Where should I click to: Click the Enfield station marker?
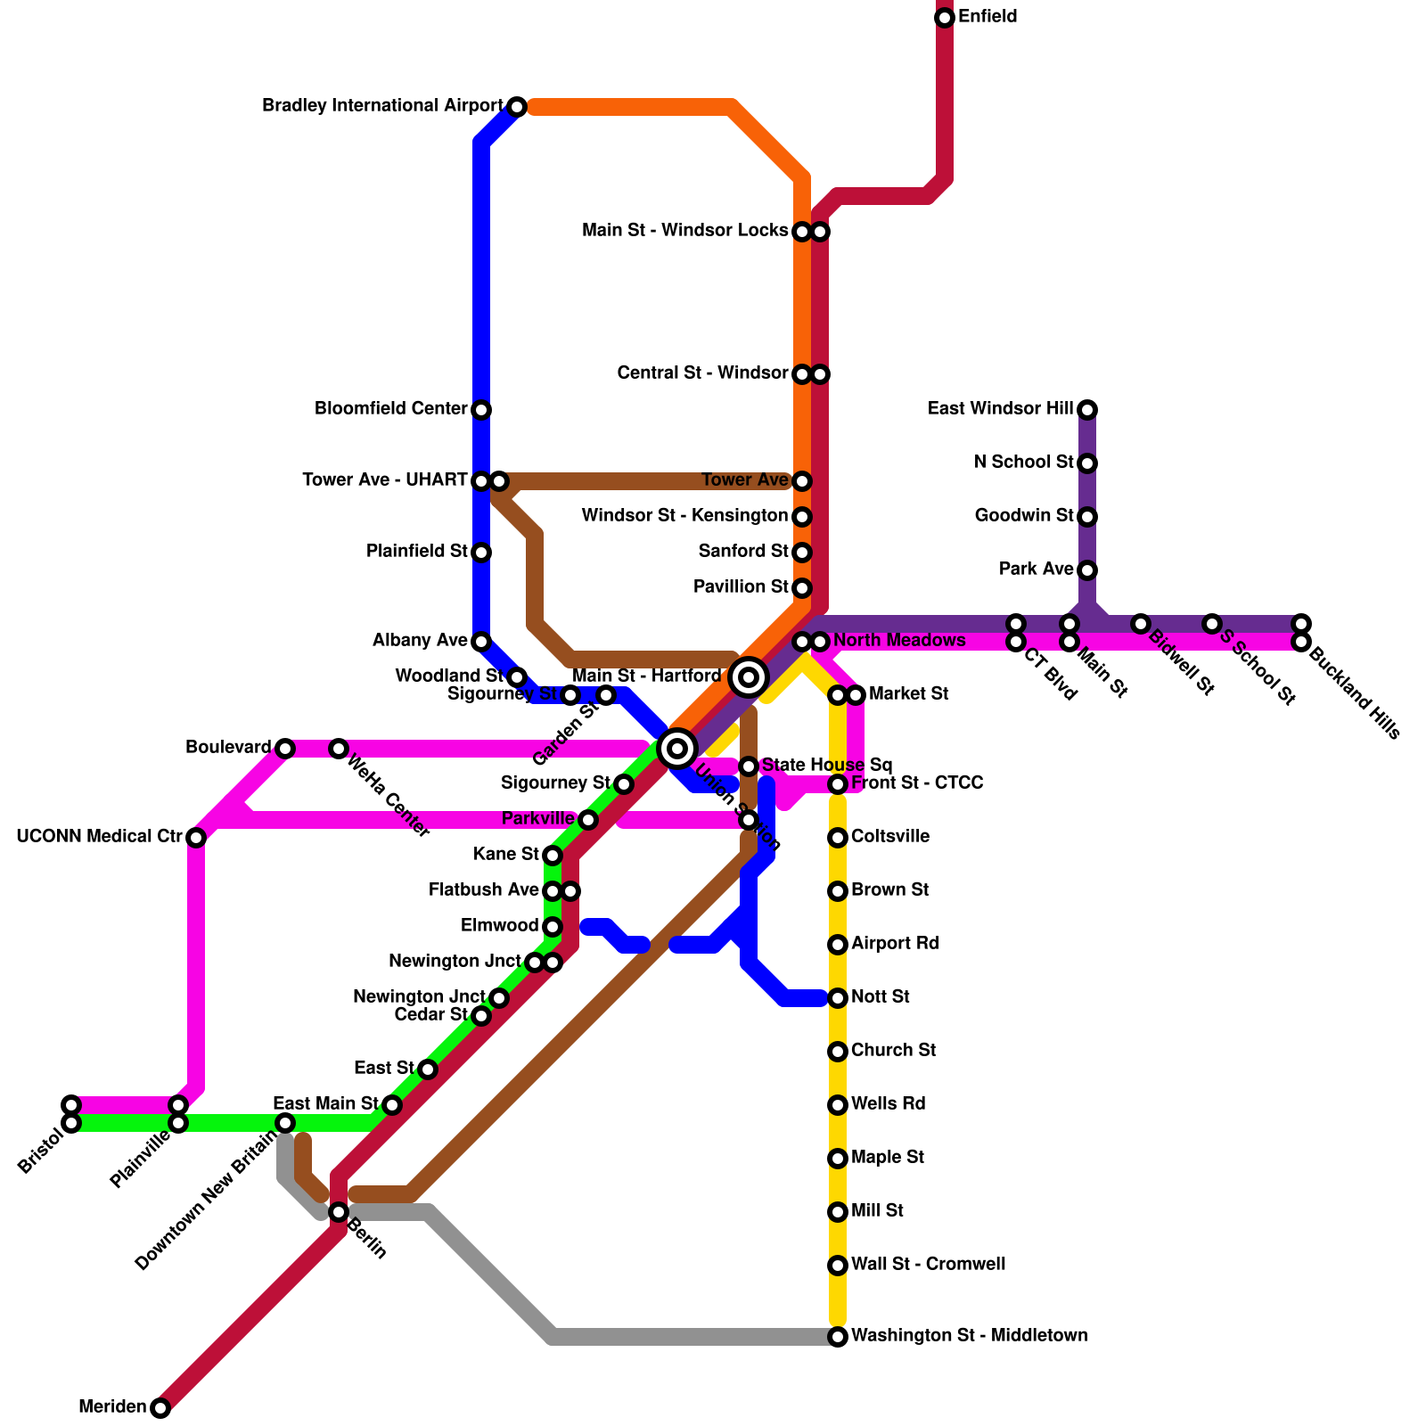tap(945, 18)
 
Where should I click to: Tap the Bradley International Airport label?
tap(382, 106)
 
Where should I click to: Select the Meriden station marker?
tap(160, 1408)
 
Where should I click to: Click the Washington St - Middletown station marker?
tap(838, 1337)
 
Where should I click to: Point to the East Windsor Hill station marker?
tap(1087, 410)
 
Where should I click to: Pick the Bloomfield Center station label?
tap(390, 409)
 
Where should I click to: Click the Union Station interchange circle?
tap(677, 749)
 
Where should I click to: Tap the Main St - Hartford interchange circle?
tap(749, 677)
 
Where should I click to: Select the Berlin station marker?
tap(339, 1212)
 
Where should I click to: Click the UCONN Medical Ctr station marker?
tap(196, 838)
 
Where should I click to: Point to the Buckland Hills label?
tap(1355, 696)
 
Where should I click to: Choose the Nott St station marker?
tap(838, 998)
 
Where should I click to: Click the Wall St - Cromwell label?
tap(928, 1265)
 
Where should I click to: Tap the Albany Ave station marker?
tap(481, 642)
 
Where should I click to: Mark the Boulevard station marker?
tap(285, 749)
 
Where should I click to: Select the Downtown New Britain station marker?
tap(285, 1123)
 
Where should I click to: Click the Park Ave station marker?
tap(1087, 570)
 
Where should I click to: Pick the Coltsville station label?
tap(889, 837)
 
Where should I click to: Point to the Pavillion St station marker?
tap(802, 588)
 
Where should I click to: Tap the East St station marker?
tap(428, 1069)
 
